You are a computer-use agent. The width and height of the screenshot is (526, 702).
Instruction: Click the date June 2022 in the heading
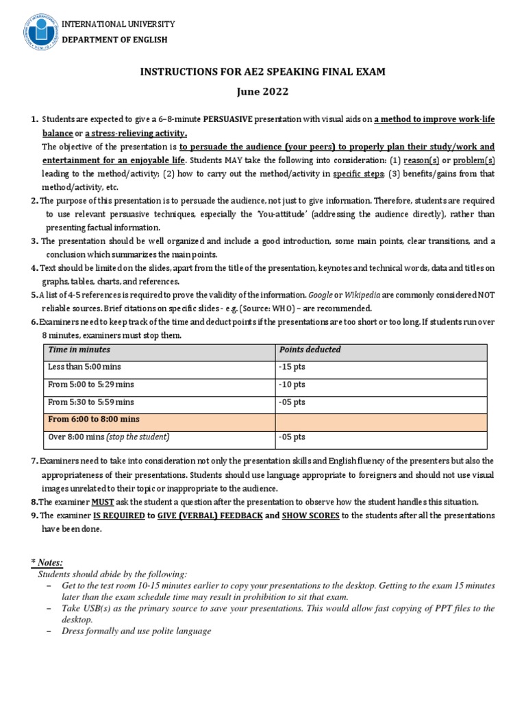(263, 92)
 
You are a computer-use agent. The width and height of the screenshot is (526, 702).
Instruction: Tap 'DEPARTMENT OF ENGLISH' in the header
(114, 40)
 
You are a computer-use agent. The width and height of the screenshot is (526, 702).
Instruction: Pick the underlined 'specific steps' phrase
(359, 173)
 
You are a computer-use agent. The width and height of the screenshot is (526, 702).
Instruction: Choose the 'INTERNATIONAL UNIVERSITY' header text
(119, 25)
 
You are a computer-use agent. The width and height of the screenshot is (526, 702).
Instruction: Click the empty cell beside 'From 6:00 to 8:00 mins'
(381, 419)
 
